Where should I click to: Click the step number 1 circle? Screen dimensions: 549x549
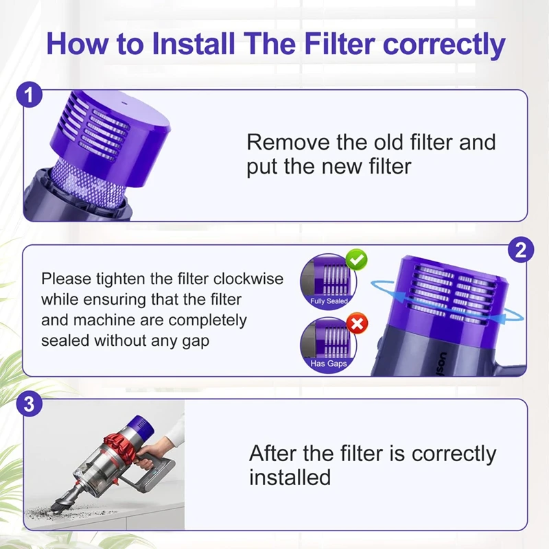pos(29,93)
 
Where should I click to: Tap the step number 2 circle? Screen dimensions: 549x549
pos(521,250)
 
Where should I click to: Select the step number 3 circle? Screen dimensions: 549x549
pos(29,404)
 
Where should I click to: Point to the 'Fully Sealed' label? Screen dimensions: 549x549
pos(329,301)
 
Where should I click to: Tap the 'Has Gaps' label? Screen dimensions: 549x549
pos(328,364)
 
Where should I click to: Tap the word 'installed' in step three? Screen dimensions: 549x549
pos(289,477)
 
